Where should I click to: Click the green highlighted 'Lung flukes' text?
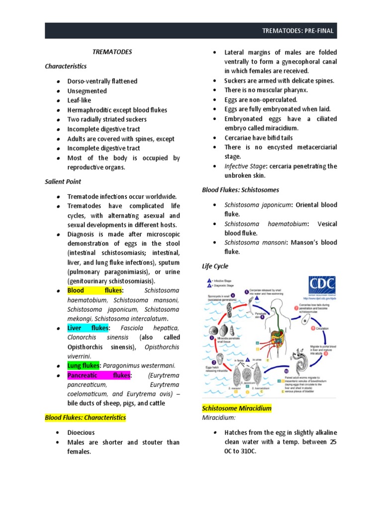pos(84,366)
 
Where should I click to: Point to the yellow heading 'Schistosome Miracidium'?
pos(236,408)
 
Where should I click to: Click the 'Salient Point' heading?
pos(63,182)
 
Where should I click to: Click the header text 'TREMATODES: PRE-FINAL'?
pos(297,31)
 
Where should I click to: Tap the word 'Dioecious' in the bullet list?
pos(81,432)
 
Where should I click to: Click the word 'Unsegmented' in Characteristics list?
pos(87,91)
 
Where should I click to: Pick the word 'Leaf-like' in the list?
pos(80,100)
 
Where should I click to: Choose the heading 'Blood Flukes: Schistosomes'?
pos(240,190)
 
